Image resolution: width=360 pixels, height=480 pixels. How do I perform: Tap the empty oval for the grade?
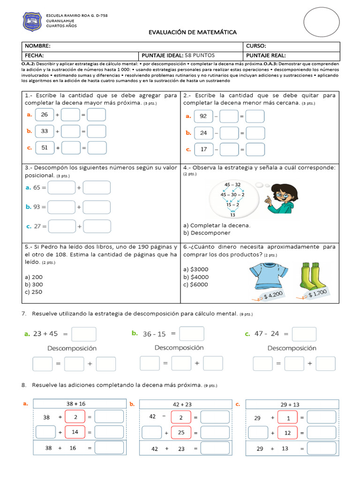point(322,22)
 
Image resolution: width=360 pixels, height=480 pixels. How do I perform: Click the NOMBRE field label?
point(37,46)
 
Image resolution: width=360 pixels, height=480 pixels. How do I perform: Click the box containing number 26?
point(45,115)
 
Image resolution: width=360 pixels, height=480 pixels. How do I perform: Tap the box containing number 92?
point(203,116)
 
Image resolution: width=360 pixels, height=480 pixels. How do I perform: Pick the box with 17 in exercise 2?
point(203,150)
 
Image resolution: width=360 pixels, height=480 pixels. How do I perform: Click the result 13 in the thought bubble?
point(232,215)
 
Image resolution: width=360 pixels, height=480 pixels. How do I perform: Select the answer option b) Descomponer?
point(207,233)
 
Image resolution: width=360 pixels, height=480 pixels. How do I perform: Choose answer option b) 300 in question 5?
point(34,285)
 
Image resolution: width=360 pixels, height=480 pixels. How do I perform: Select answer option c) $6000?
point(196,285)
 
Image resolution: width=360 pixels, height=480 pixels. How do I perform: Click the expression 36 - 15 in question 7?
point(154,334)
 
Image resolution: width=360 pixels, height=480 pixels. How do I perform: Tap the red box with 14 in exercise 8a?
point(75,432)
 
